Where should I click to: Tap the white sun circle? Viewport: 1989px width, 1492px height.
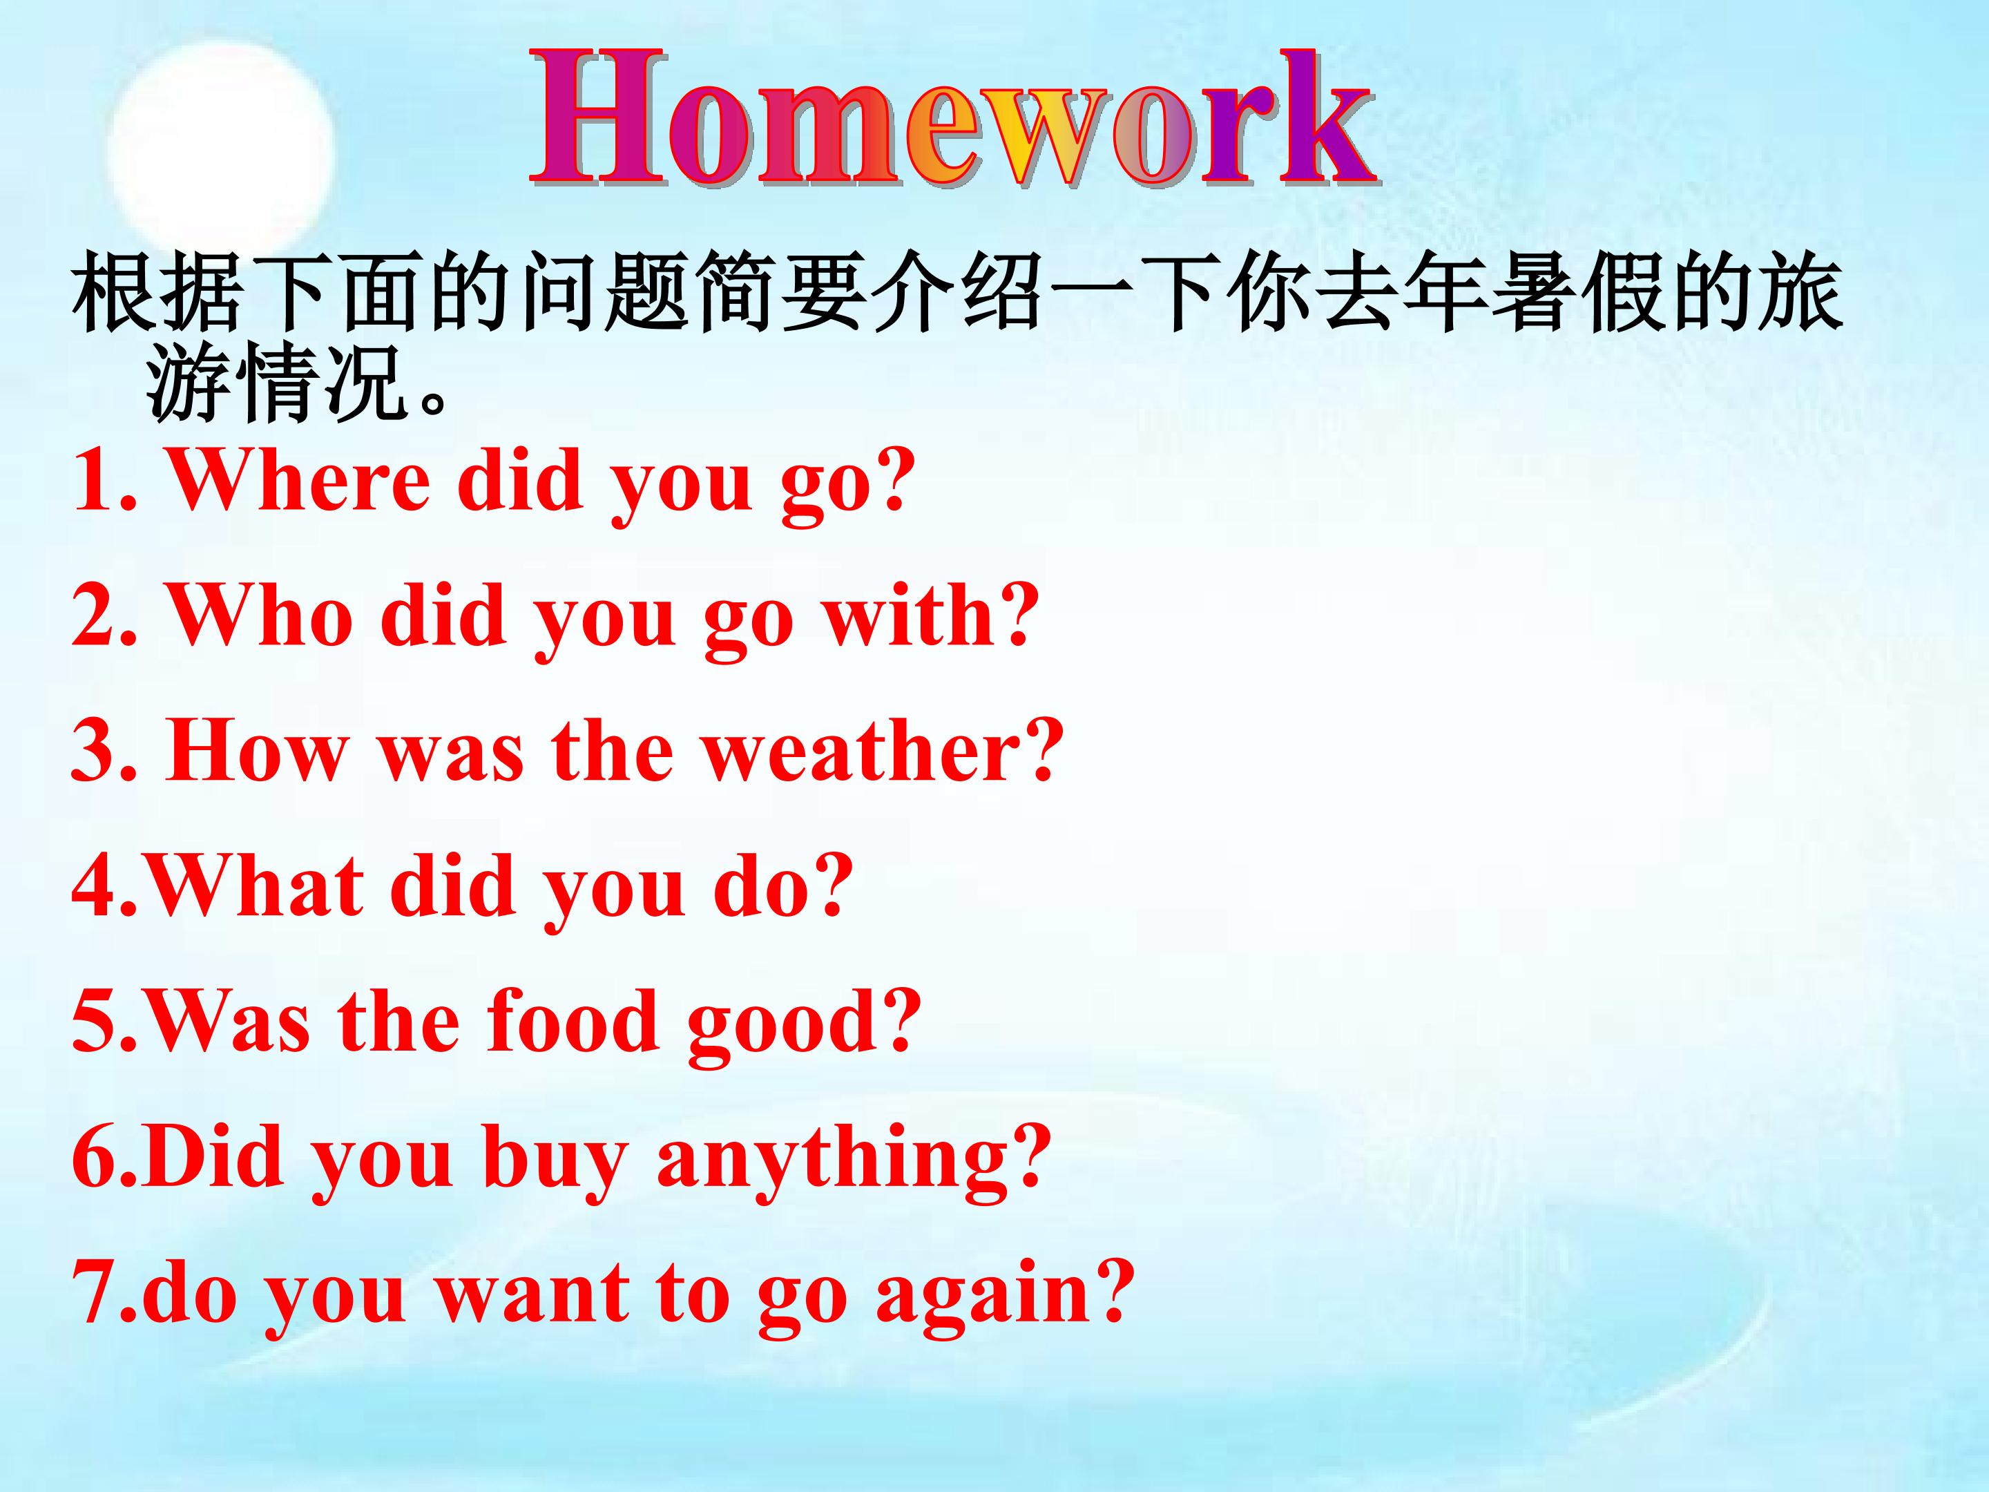coord(220,153)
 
